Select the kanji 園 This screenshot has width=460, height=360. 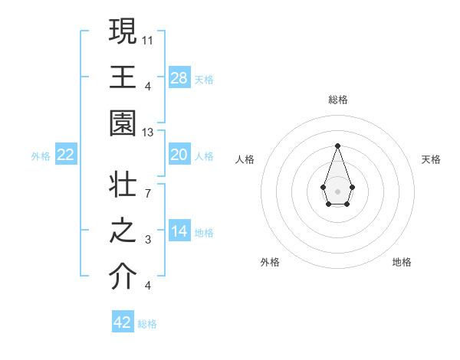coord(123,124)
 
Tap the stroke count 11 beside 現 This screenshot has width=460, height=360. coord(148,38)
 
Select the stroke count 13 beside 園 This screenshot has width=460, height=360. coord(148,133)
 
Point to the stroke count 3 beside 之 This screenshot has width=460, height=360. coord(148,239)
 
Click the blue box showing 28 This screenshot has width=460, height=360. coord(179,77)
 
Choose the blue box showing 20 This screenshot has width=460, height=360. coord(179,155)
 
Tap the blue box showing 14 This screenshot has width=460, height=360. coord(179,231)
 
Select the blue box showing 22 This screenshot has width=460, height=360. coord(66,155)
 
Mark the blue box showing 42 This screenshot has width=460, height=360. coord(123,322)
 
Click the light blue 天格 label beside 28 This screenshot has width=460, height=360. coord(204,79)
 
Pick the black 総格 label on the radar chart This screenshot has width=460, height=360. coord(337,100)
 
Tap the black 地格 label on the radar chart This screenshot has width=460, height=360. coord(402,262)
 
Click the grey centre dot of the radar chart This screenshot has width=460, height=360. coord(337,191)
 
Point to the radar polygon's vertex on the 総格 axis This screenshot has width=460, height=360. coord(337,146)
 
